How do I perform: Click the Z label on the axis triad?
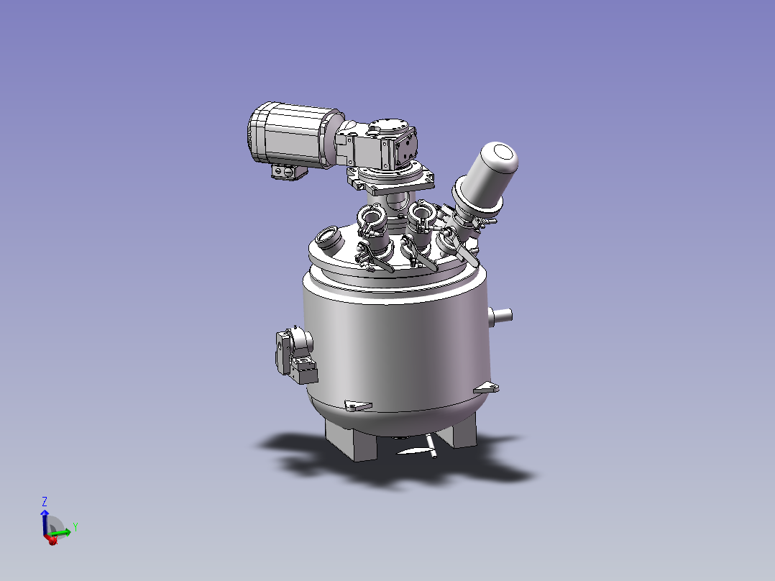[x=45, y=501]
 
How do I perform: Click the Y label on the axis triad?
[x=75, y=526]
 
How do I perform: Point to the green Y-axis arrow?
[x=60, y=533]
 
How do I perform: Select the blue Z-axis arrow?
[x=45, y=523]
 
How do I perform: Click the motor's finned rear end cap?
[x=257, y=132]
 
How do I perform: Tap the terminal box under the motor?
[x=289, y=172]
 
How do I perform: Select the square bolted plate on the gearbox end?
[x=406, y=148]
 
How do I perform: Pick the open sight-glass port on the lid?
[x=328, y=237]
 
